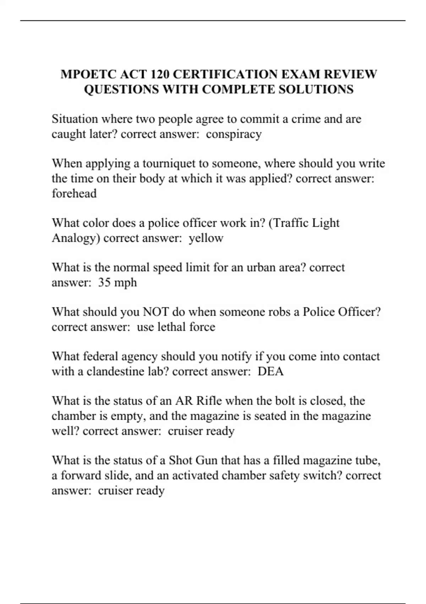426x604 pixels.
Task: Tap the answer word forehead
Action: [x=74, y=193]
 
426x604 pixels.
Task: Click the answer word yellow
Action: [x=206, y=238]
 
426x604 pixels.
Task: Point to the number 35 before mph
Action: [x=104, y=282]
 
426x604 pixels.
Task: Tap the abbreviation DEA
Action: [x=271, y=371]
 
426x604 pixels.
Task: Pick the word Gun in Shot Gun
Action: [x=206, y=460]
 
